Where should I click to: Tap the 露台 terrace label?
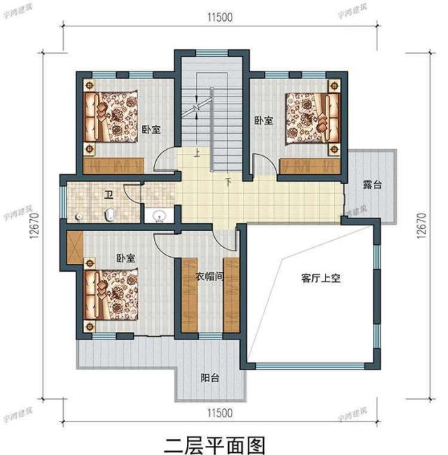coord(372,186)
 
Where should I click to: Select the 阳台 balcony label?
coord(210,378)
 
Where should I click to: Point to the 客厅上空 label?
coord(321,278)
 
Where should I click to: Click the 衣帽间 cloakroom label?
coord(209,276)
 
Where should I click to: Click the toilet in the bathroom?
coord(110,213)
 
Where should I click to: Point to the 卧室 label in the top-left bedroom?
coord(150,129)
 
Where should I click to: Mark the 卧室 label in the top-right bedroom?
coord(264,121)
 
